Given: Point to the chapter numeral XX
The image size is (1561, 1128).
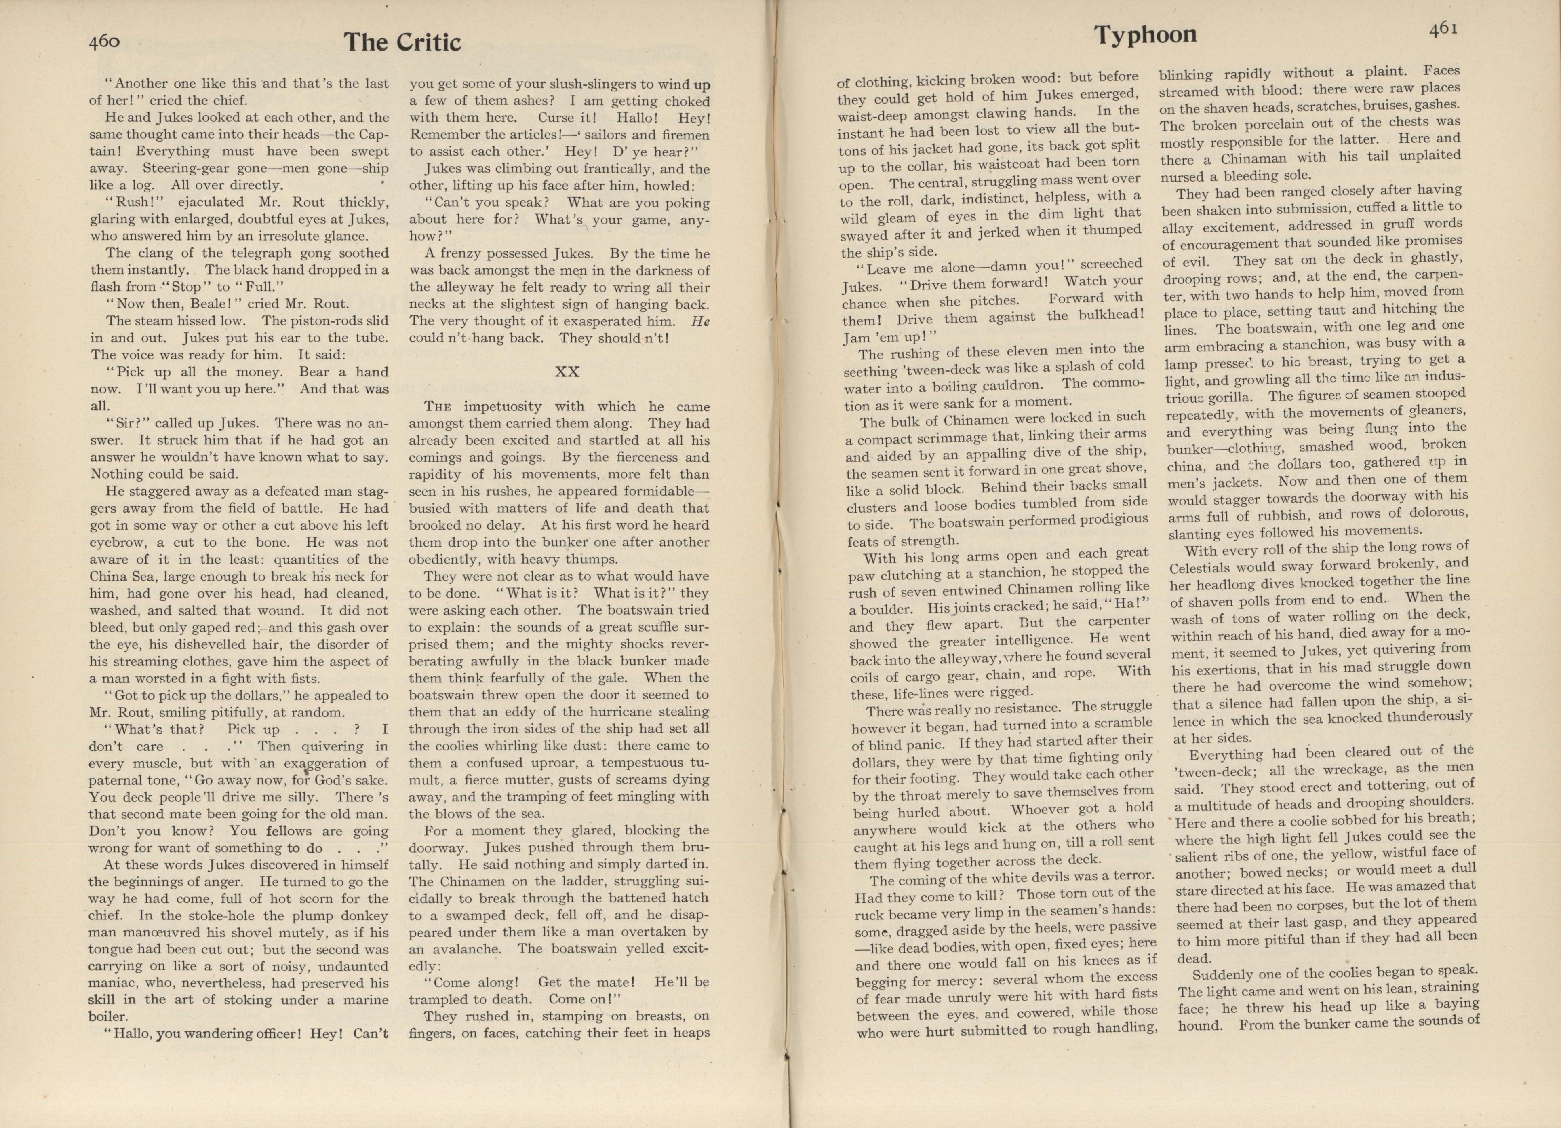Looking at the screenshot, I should (567, 372).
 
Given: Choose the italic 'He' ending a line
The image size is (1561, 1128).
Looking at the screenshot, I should (700, 321).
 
